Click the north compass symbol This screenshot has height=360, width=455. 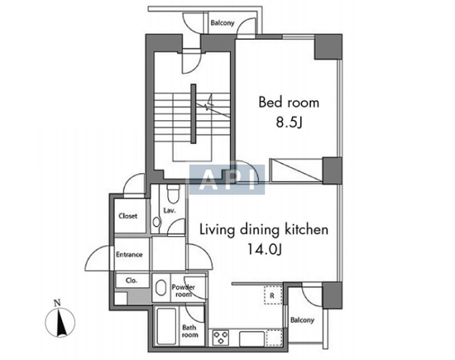point(60,322)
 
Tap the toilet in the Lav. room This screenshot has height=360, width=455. point(174,194)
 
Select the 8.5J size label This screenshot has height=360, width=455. point(289,122)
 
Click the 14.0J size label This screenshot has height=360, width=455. point(264,249)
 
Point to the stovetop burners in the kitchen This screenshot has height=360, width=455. point(221,338)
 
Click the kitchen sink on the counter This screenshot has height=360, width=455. point(252,338)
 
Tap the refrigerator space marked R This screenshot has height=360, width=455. point(272,295)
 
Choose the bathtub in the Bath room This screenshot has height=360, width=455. point(166,326)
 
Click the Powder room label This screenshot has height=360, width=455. point(183,290)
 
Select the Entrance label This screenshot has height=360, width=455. point(130,254)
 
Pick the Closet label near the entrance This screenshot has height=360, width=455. point(128,216)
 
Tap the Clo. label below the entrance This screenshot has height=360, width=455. point(131,280)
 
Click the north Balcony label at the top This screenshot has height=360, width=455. point(222,23)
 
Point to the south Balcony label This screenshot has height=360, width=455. point(302,320)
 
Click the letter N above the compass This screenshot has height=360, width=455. point(57,304)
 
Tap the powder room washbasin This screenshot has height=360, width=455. point(161,287)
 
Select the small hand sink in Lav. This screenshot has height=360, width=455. point(156,222)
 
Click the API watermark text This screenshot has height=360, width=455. point(227,179)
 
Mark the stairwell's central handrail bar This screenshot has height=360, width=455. point(193,114)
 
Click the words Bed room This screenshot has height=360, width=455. point(289,103)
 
